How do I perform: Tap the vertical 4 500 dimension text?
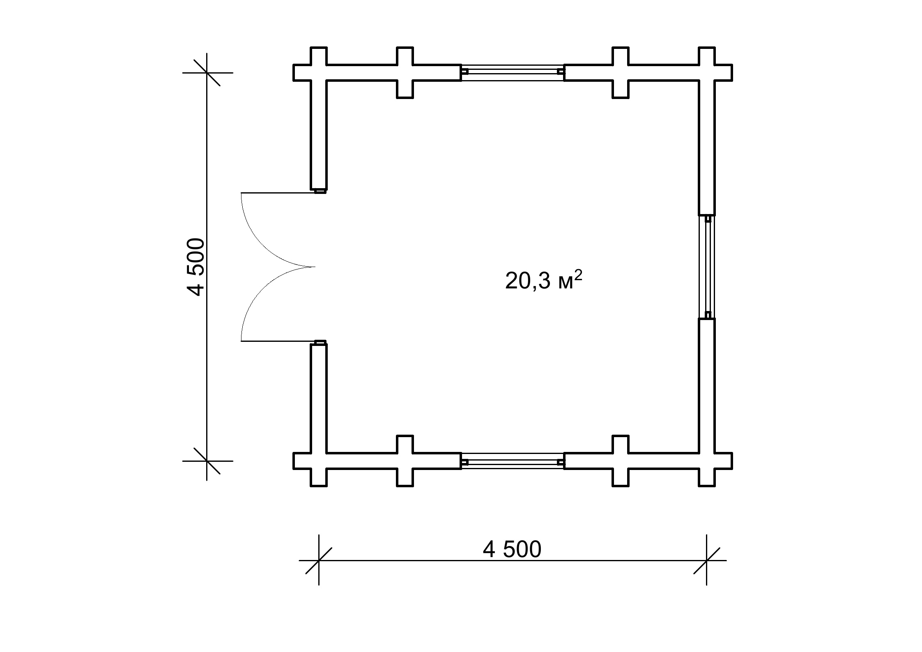pos(196,267)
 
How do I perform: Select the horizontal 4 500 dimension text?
pos(512,550)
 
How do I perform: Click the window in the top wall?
pos(513,72)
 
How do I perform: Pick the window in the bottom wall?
pos(513,461)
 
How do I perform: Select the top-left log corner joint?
pos(319,72)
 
